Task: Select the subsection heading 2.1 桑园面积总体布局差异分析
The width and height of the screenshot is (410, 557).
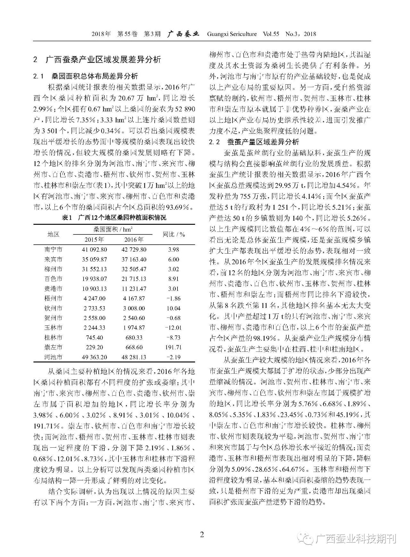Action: [x=86, y=76]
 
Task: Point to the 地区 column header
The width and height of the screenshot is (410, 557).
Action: [x=53, y=234]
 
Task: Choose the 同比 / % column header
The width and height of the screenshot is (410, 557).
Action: [x=174, y=234]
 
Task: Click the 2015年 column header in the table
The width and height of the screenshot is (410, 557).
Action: [x=94, y=240]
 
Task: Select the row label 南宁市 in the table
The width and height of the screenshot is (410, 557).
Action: [x=53, y=249]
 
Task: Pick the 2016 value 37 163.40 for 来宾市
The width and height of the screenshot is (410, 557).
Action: [x=134, y=259]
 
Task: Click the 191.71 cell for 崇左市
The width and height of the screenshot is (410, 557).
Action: [x=174, y=347]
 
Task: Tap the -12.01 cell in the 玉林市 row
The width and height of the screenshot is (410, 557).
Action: [x=174, y=328]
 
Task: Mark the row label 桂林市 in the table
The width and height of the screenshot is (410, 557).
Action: [x=53, y=337]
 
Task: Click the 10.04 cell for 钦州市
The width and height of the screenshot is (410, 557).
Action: [x=174, y=308]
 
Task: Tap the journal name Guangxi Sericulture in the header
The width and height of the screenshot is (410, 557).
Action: [x=232, y=34]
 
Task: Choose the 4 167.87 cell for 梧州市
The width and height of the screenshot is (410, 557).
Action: [x=134, y=299]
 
